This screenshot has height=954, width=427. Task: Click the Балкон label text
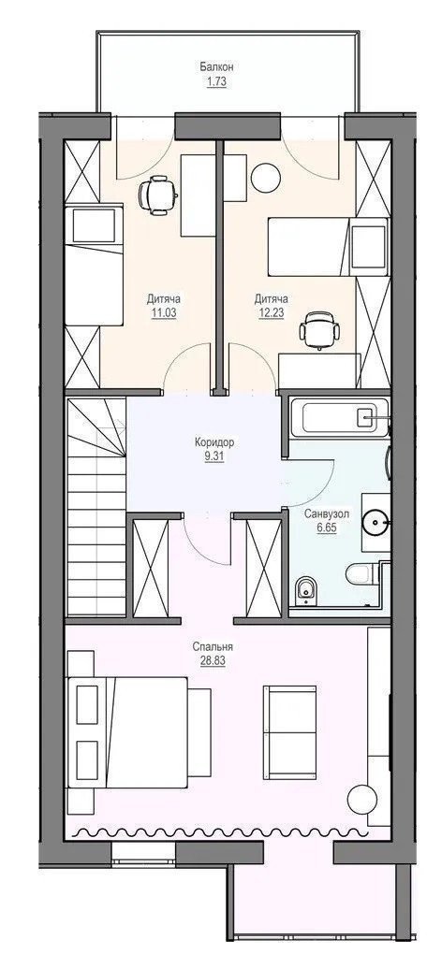(217, 67)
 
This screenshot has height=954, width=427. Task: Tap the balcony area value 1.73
(217, 79)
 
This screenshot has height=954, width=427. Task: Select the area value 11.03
(163, 312)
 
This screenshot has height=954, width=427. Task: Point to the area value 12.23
(271, 312)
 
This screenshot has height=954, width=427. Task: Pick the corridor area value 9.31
(215, 455)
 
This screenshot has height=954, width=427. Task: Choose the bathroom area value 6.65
(327, 528)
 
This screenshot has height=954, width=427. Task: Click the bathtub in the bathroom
(339, 417)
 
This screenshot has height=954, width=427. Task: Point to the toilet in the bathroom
(361, 573)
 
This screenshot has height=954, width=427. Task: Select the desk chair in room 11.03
(157, 195)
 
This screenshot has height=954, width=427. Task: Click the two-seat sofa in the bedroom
(289, 732)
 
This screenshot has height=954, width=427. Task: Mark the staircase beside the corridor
(96, 507)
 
